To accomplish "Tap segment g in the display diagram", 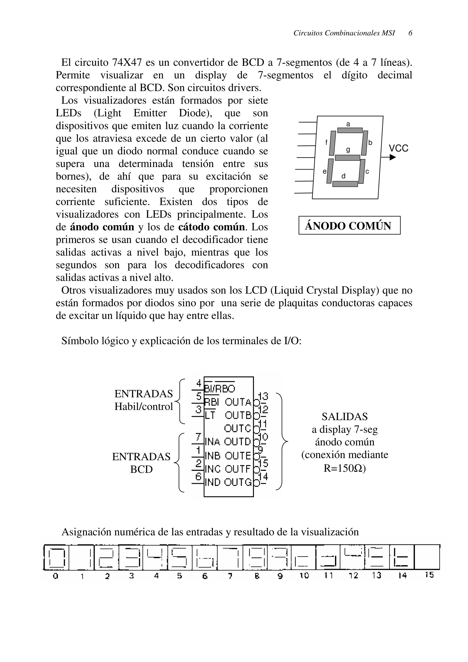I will (348, 158).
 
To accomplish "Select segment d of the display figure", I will (345, 184).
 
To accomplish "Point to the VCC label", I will (399, 148).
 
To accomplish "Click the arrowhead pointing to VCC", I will (392, 157).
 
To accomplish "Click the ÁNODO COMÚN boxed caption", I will (349, 225).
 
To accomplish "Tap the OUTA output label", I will (238, 402).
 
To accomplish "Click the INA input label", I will (213, 442).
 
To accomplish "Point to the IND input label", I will (213, 482).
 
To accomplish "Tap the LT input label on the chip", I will (210, 416).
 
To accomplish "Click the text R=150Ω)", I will (345, 468).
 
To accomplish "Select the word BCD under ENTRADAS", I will (141, 469).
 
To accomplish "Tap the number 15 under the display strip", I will (429, 575).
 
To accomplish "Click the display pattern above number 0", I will (56, 557).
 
